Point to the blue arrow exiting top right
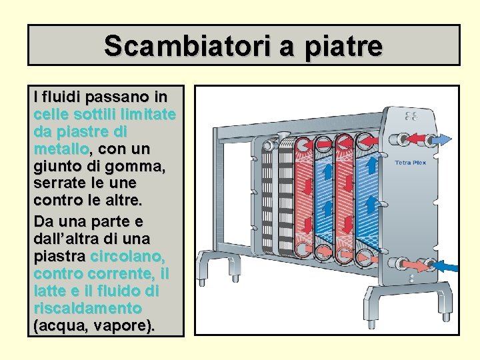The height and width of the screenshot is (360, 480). [441, 140]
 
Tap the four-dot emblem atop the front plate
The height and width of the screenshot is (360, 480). [411, 117]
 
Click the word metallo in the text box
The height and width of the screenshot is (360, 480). [60, 148]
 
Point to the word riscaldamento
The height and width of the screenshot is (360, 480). [87, 309]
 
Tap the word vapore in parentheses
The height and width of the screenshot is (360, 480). [125, 326]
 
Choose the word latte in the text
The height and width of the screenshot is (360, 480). [51, 291]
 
